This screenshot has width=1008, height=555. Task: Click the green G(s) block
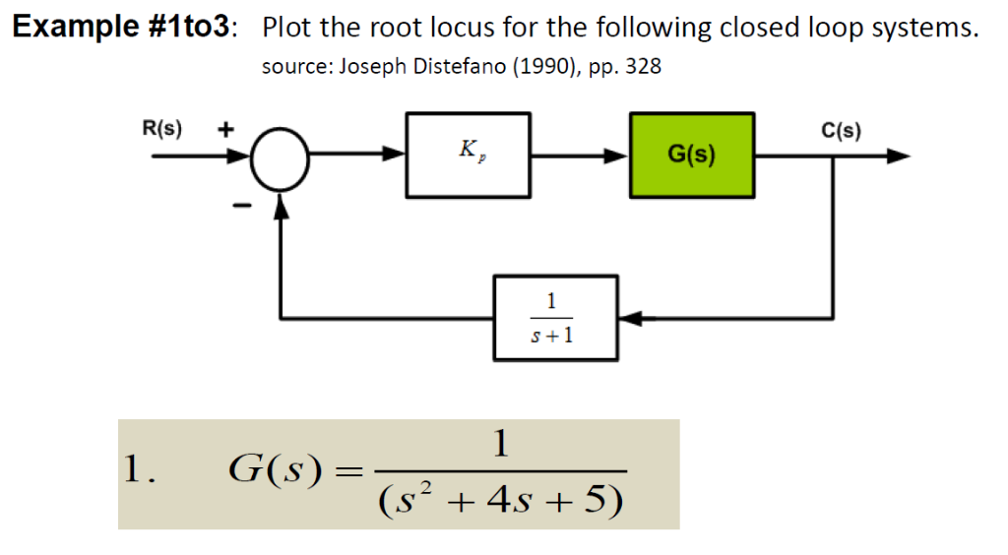click(692, 154)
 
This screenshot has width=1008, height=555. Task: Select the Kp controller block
click(469, 154)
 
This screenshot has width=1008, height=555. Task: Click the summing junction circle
click(282, 155)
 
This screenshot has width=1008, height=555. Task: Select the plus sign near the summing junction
click(225, 129)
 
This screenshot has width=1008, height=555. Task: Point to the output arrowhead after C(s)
click(897, 155)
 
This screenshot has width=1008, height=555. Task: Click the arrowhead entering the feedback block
click(631, 318)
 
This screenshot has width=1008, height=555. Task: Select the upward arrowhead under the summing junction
click(282, 203)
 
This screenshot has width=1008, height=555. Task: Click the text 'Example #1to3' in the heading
click(123, 28)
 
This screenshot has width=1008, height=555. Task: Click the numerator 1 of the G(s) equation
click(502, 446)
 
